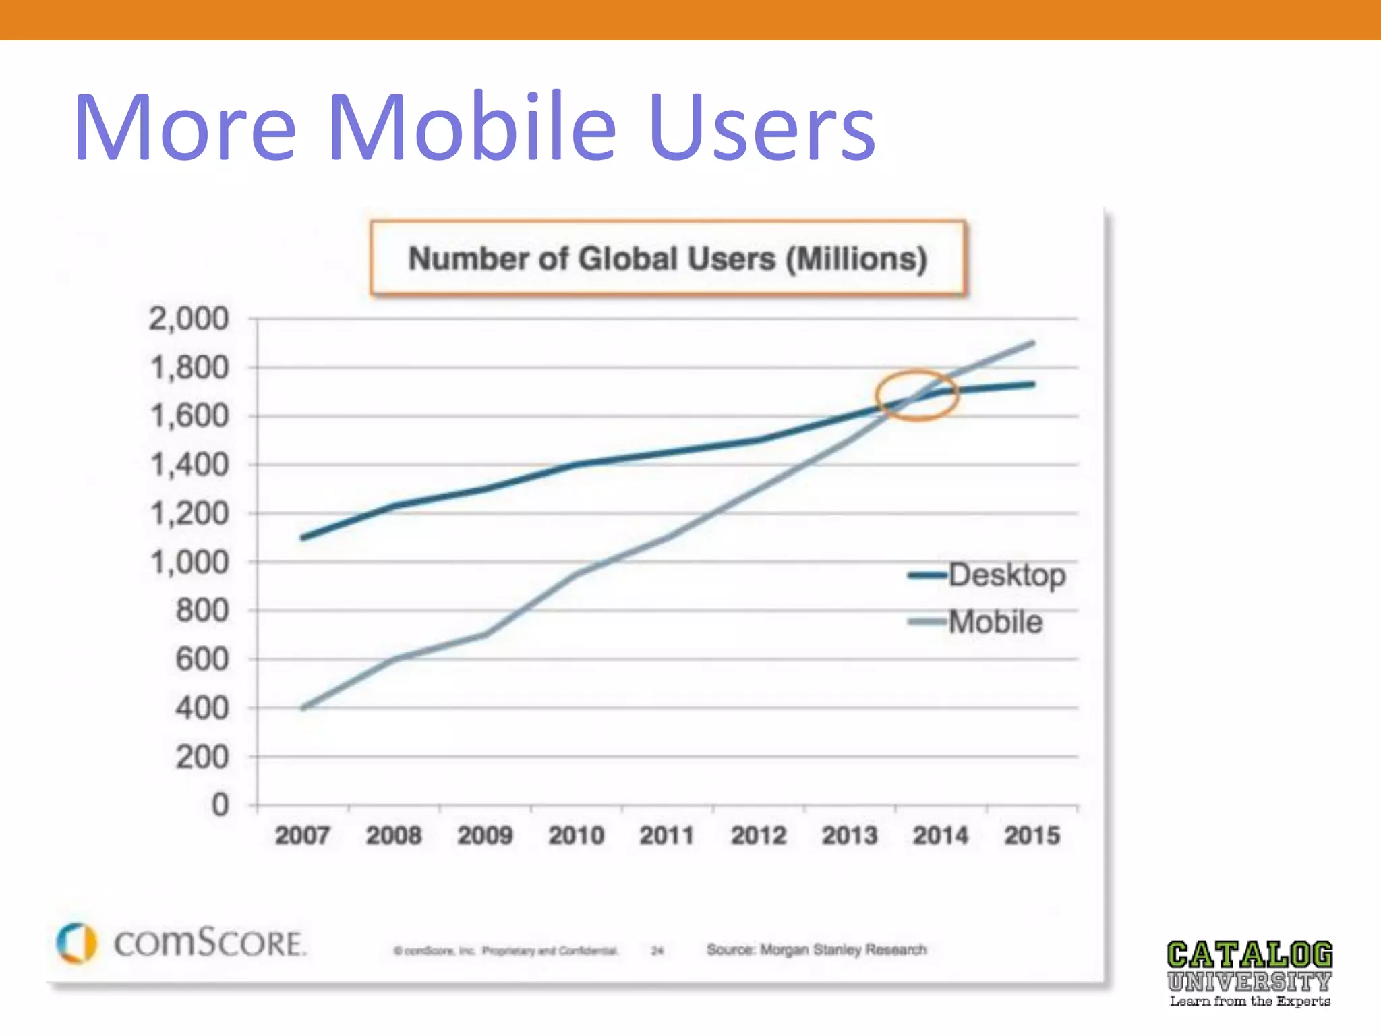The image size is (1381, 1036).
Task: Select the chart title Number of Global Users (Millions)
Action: (x=668, y=258)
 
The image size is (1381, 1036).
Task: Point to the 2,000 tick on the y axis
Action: (x=189, y=318)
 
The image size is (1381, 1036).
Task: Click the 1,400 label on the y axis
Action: (x=189, y=465)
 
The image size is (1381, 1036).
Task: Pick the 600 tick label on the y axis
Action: (x=202, y=659)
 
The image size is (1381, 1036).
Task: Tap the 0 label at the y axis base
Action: (x=220, y=805)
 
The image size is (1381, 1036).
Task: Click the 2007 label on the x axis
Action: (x=302, y=836)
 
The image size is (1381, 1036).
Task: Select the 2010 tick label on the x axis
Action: (x=576, y=836)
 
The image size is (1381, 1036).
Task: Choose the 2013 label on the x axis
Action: (x=850, y=836)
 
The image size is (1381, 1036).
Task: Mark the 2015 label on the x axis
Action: (x=1032, y=836)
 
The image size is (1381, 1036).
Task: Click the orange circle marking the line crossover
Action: (x=916, y=396)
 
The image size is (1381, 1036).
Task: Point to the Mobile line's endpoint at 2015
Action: (x=1032, y=343)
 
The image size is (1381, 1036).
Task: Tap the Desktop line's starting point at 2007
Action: (x=303, y=538)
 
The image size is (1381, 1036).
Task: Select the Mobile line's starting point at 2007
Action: (x=303, y=708)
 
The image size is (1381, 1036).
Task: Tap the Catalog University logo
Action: (x=1250, y=973)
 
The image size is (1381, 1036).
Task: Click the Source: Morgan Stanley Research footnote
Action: (x=816, y=950)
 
